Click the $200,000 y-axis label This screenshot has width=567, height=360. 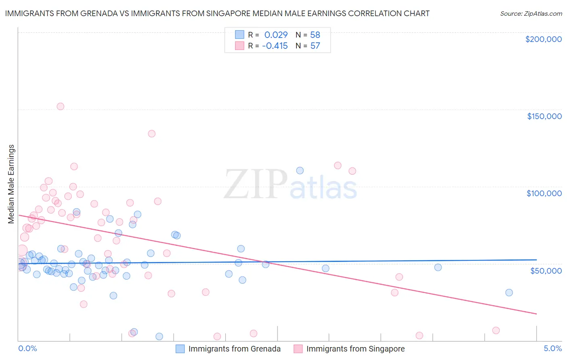point(543,39)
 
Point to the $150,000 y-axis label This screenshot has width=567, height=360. point(544,116)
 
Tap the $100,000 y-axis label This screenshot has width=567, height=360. point(544,193)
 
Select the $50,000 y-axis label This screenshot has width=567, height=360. point(546,270)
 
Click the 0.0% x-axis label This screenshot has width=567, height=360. point(27,348)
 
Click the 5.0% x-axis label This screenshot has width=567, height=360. point(552,348)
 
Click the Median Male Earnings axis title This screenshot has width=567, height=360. point(11,184)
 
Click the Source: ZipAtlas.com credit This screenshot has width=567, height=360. point(531,13)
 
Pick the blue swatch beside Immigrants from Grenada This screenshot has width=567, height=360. point(180,349)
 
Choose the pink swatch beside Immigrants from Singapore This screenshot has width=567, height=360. point(298,349)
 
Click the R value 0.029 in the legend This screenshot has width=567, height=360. point(276,35)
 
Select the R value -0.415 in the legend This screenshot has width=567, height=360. point(275,46)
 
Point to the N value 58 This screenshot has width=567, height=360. point(315,35)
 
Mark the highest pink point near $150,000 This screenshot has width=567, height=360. point(60,107)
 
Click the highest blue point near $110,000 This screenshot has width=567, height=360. point(300,171)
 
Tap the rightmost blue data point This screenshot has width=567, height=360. point(509,293)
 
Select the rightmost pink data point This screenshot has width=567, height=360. point(496,331)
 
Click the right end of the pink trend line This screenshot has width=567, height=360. point(536,314)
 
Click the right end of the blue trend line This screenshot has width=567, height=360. point(536,260)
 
